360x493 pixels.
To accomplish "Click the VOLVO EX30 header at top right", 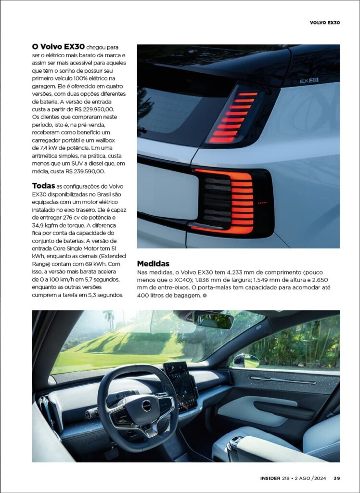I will [x=325, y=22].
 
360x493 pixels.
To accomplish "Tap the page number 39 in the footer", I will [x=337, y=478].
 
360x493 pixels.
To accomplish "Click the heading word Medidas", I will [x=153, y=263].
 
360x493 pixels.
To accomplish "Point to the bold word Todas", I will [x=44, y=186].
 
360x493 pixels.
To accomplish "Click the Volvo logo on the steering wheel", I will [x=147, y=406].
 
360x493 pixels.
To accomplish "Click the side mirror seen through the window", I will [x=246, y=360].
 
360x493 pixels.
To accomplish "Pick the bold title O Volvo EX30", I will [x=58, y=47].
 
